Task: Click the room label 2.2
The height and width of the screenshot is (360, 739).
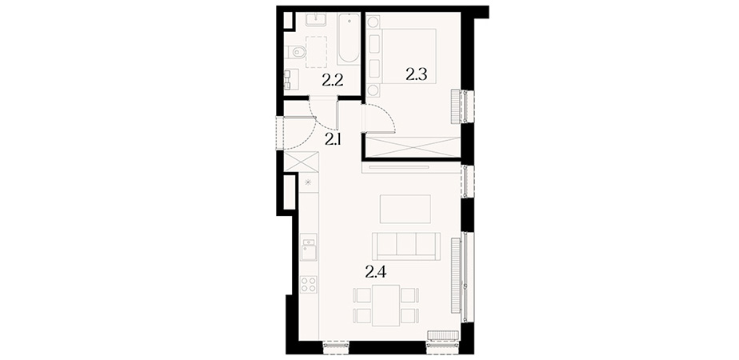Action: click(x=332, y=82)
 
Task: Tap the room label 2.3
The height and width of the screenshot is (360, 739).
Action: click(x=416, y=74)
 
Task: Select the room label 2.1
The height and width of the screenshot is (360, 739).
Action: click(x=333, y=139)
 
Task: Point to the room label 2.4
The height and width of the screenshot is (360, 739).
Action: click(x=376, y=272)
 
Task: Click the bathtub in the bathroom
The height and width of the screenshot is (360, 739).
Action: click(x=349, y=38)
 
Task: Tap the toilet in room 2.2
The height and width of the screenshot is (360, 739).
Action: click(x=295, y=51)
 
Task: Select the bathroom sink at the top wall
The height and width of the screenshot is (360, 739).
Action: click(x=314, y=19)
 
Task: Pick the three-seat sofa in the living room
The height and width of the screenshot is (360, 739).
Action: click(x=406, y=246)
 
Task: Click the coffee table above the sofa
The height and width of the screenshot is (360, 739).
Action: click(x=405, y=210)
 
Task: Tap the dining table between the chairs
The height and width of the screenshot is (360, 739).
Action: click(x=386, y=306)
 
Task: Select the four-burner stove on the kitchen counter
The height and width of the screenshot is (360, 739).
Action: click(x=309, y=285)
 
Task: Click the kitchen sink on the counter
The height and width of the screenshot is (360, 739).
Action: click(x=309, y=250)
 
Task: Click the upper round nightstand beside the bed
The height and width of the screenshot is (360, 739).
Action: click(x=373, y=22)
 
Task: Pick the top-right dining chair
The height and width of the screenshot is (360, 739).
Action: click(x=409, y=295)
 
